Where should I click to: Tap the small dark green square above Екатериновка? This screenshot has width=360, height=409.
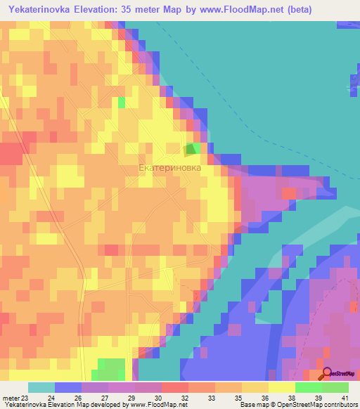coord(190,150)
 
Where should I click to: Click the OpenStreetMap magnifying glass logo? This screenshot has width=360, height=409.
coord(326,373)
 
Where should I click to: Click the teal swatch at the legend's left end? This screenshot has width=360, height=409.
coord(41,387)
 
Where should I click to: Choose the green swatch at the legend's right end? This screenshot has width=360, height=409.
coord(335,387)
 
